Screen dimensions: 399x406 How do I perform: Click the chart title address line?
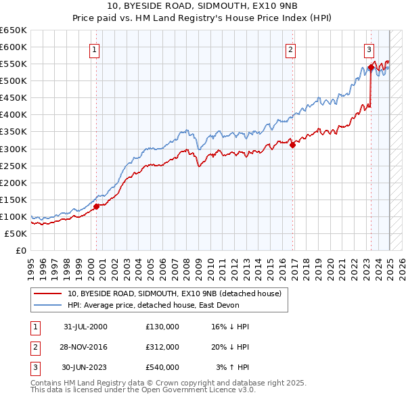pyautogui.click(x=203, y=6)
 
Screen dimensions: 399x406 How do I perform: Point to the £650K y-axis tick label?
pyautogui.click(x=14, y=30)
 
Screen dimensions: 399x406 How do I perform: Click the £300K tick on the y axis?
pyautogui.click(x=14, y=149)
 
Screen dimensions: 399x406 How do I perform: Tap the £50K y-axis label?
pyautogui.click(x=16, y=233)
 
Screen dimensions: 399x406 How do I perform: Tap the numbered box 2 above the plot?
pyautogui.click(x=290, y=49)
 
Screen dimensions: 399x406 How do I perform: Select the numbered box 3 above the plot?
pyautogui.click(x=369, y=49)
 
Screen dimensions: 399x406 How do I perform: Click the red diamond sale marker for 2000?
pyautogui.click(x=97, y=206)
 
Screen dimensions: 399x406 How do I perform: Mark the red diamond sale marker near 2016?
pyautogui.click(x=292, y=144)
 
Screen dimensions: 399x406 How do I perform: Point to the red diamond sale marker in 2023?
pyautogui.click(x=371, y=67)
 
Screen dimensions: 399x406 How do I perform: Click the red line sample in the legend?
pyautogui.click(x=48, y=294)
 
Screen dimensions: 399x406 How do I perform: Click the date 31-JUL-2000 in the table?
pyautogui.click(x=85, y=327)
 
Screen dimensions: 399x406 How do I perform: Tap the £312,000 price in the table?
pyautogui.click(x=162, y=347)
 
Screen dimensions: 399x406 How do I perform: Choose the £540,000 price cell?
pyautogui.click(x=162, y=367)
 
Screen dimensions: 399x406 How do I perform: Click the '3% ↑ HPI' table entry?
pyautogui.click(x=233, y=367)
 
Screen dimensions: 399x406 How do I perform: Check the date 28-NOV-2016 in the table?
pyautogui.click(x=85, y=347)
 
